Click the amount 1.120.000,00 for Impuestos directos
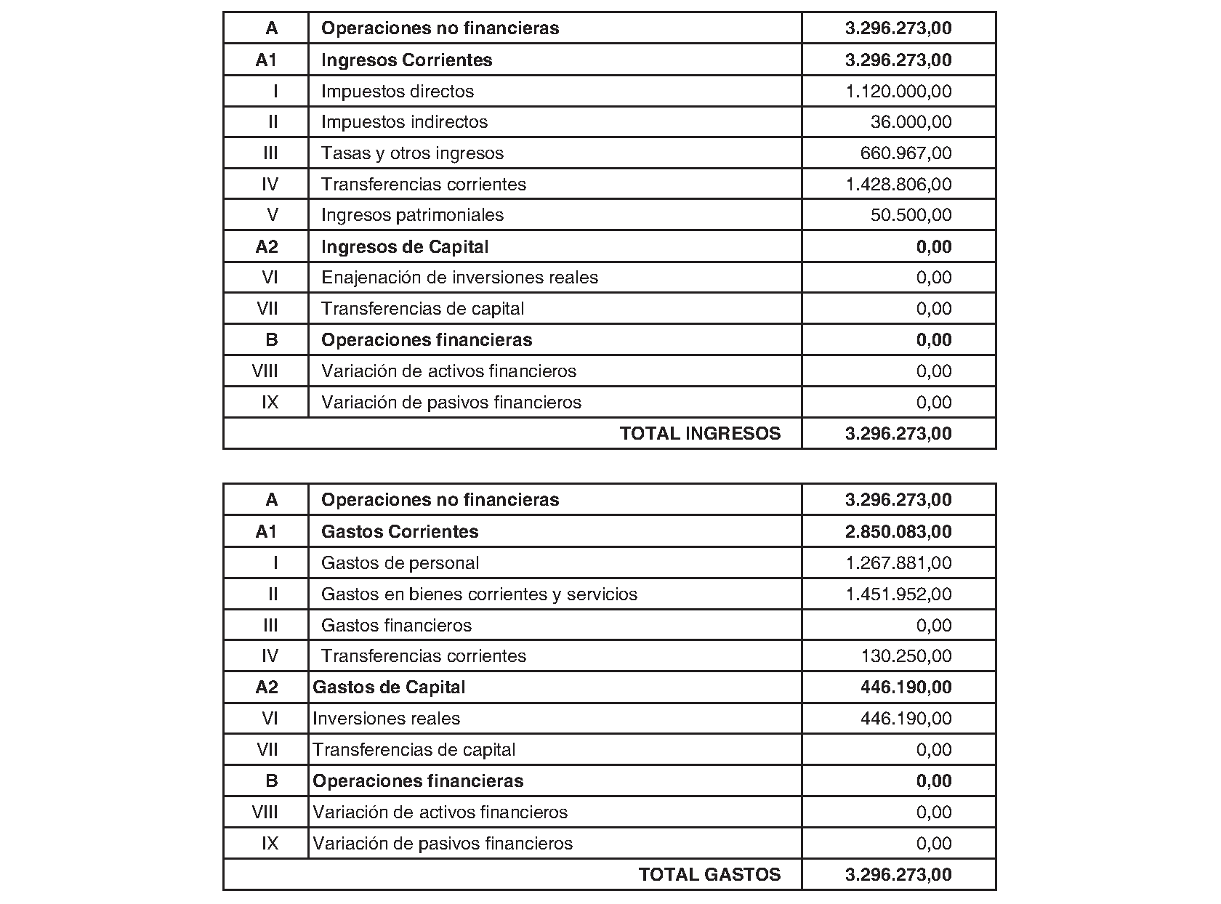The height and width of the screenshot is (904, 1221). tap(898, 92)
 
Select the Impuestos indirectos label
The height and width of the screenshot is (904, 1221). tap(404, 122)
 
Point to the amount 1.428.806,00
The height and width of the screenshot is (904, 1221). tap(898, 185)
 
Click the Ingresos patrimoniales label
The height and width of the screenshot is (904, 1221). tap(412, 215)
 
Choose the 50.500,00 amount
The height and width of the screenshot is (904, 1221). tap(911, 215)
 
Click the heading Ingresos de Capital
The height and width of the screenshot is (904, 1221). tap(405, 247)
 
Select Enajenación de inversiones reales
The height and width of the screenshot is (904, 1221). tap(459, 278)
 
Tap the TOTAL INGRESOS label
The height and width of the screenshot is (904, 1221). tap(700, 434)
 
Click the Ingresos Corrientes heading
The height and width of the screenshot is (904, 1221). tap(406, 60)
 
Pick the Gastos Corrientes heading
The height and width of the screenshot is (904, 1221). tap(400, 532)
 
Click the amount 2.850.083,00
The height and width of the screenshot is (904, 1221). tap(898, 532)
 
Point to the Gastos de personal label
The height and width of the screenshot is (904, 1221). tap(400, 563)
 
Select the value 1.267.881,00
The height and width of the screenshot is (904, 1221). tap(898, 563)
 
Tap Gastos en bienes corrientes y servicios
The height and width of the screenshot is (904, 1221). tap(479, 594)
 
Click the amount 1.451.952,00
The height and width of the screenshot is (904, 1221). tap(898, 594)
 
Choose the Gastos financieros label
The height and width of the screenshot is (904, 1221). tap(396, 626)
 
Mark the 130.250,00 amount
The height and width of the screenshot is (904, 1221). tap(906, 656)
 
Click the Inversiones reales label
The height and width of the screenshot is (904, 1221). tap(386, 719)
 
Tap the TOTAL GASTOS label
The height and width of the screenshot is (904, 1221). tap(709, 875)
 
